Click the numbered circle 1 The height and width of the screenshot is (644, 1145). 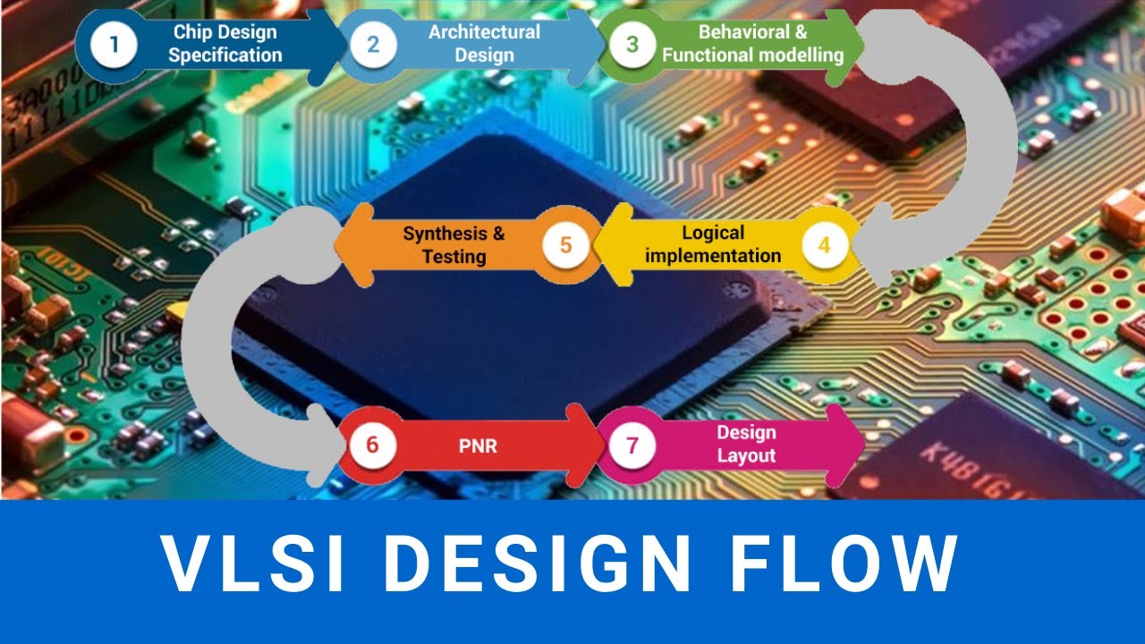point(114,44)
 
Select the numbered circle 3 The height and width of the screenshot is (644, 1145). point(632,44)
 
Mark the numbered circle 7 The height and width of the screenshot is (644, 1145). point(632,445)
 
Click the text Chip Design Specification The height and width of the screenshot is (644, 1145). point(225,44)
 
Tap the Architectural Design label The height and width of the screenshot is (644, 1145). point(484,44)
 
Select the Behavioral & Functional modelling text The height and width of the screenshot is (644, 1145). point(752,44)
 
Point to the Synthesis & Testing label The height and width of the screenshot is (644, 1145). point(454,245)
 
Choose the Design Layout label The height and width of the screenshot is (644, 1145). point(746,445)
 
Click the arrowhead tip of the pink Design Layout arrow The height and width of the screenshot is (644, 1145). point(861,445)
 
